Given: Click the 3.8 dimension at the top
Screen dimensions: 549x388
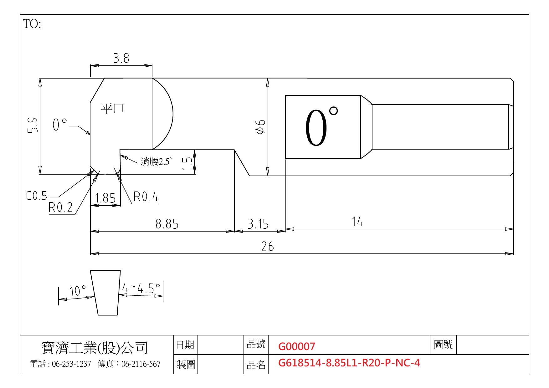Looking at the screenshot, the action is pyautogui.click(x=121, y=59).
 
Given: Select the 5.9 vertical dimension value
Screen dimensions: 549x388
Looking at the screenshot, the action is pyautogui.click(x=33, y=125).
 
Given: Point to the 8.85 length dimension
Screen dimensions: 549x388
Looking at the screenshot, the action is pyautogui.click(x=167, y=224).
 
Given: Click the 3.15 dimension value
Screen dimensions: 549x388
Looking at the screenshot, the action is pyautogui.click(x=258, y=224).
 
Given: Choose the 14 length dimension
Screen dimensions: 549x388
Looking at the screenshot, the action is pyautogui.click(x=357, y=222).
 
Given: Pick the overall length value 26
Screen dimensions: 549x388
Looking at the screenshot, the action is pyautogui.click(x=268, y=247).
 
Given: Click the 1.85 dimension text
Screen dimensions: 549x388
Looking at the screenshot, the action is pyautogui.click(x=105, y=198).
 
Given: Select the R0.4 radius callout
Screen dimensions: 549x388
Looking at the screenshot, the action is pyautogui.click(x=146, y=197).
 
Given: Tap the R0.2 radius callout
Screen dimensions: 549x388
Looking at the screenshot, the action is pyautogui.click(x=61, y=207).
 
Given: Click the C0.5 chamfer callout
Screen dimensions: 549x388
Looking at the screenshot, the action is pyautogui.click(x=37, y=196).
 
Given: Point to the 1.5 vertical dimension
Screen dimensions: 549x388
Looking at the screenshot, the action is pyautogui.click(x=187, y=163).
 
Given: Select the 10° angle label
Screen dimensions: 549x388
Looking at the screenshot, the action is pyautogui.click(x=78, y=291).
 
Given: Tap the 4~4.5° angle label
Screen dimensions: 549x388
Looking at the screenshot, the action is pyautogui.click(x=141, y=288).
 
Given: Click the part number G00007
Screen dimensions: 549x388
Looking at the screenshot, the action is pyautogui.click(x=297, y=346).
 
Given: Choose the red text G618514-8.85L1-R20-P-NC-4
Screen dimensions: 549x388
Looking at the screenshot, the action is pyautogui.click(x=349, y=363).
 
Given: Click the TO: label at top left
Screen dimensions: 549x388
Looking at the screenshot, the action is pyautogui.click(x=32, y=24).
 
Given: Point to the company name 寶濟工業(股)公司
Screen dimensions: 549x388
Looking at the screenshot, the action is pyautogui.click(x=95, y=347).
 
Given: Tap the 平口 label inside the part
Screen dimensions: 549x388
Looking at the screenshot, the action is pyautogui.click(x=113, y=108).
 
